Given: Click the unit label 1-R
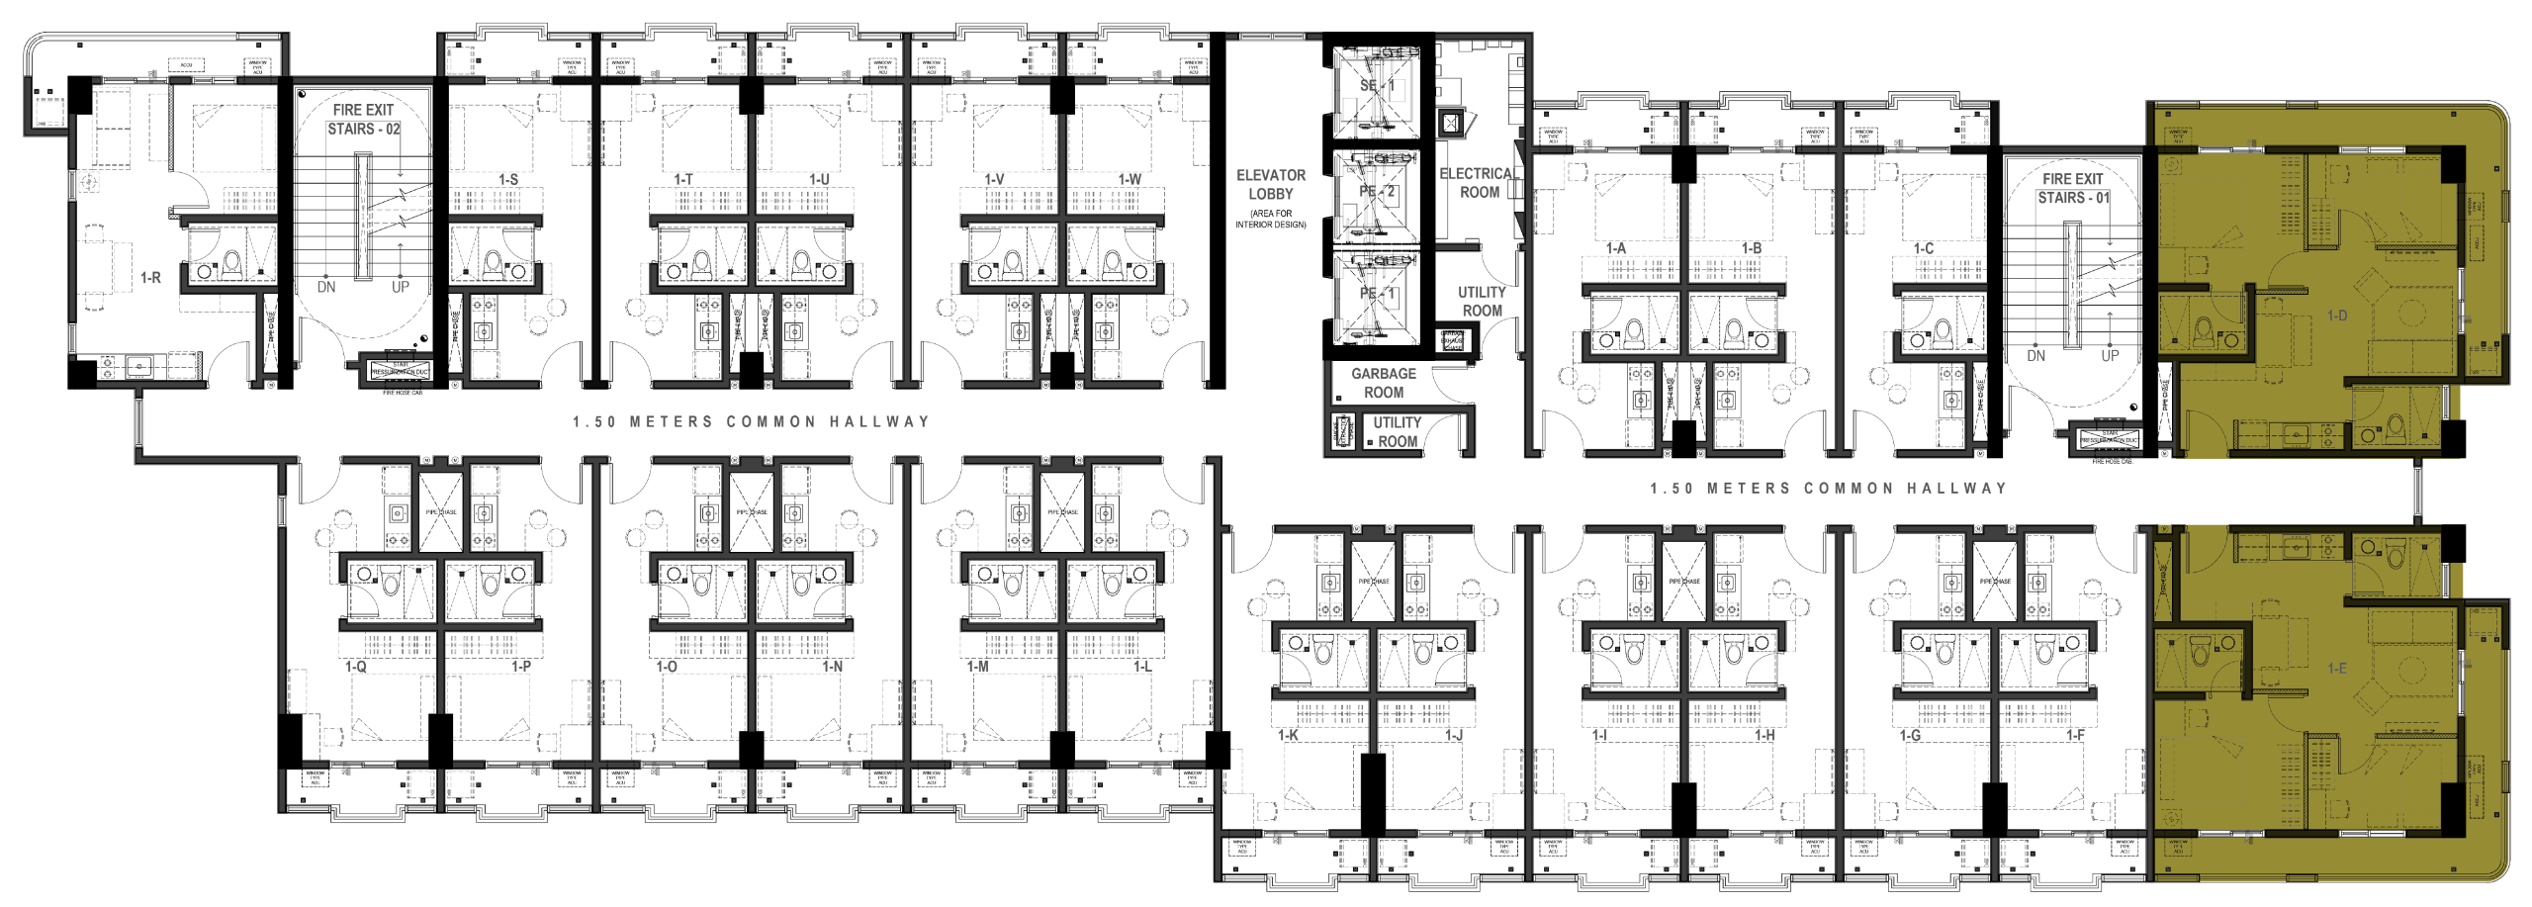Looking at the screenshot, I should pos(150,278).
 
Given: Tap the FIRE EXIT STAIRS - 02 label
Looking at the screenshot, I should pos(363,119).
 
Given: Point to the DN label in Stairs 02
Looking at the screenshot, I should pos(326,287).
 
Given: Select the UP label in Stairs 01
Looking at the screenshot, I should pos(2110,355).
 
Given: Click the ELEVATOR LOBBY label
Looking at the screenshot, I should pos(1271,185).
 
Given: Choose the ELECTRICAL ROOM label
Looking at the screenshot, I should pos(1479,183).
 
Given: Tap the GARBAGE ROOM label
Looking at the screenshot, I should pos(1384,383).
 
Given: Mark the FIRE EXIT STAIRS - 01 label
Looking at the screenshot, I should pos(2073,188).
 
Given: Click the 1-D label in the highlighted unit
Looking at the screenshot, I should pos(2337,316).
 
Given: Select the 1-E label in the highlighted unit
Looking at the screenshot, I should pos(2337,669).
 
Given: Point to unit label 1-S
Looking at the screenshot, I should pos(508,180).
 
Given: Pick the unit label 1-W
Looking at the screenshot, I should pos(1130,180).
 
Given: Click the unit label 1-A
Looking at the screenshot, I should pos(1616,248).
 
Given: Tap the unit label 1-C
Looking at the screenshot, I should pos(1923,248).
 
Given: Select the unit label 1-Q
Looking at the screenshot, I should pos(356,669).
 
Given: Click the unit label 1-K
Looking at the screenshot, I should pos(1288,736).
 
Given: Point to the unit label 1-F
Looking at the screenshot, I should pos(2075,736).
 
